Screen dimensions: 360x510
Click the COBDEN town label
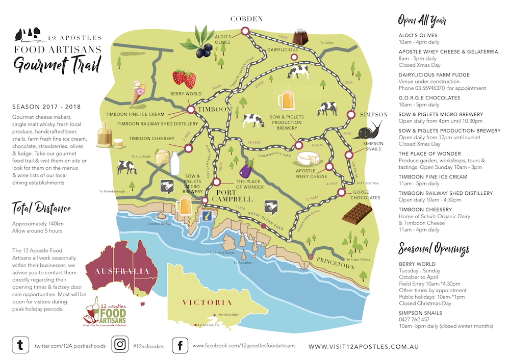pos(246,19)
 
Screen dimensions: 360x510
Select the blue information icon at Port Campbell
pos(208,217)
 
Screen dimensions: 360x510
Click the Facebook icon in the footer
pos(180,345)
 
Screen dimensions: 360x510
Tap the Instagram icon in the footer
pos(120,345)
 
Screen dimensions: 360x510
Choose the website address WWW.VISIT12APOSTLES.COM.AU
pos(364,346)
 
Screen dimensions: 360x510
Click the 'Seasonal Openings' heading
pos(433,249)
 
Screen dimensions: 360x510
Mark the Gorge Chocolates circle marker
pos(340,192)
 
